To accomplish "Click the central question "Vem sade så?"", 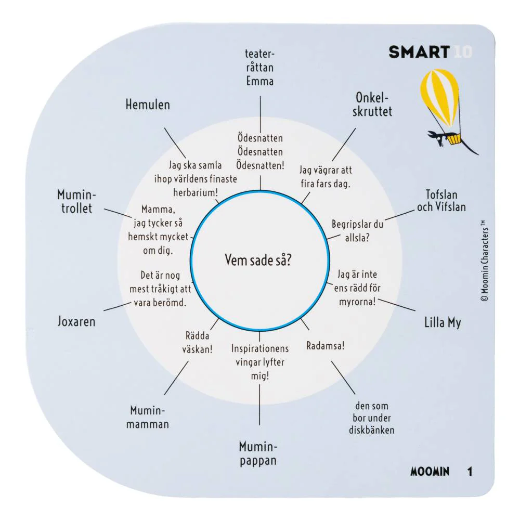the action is pyautogui.click(x=258, y=260).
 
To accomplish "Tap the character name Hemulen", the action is pyautogui.click(x=148, y=105).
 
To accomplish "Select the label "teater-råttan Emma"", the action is pyautogui.click(x=260, y=67).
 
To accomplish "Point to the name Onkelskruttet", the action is pyautogui.click(x=372, y=105).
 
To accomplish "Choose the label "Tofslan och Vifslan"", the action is pyautogui.click(x=441, y=201).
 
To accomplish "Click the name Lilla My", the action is pyautogui.click(x=443, y=322).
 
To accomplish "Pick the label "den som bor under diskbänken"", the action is pyautogui.click(x=372, y=418).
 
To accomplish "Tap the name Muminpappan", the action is pyautogui.click(x=258, y=453).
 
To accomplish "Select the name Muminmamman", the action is pyautogui.click(x=148, y=417).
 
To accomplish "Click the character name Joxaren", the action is pyautogui.click(x=76, y=321).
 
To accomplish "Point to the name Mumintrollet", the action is pyautogui.click(x=76, y=201).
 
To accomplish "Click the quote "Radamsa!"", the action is pyautogui.click(x=326, y=346).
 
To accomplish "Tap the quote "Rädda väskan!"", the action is pyautogui.click(x=197, y=343).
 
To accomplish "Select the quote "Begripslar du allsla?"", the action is pyautogui.click(x=358, y=231).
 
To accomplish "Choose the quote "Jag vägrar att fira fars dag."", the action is pyautogui.click(x=326, y=177).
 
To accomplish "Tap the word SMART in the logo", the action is pyautogui.click(x=419, y=53).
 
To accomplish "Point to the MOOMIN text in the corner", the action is pyautogui.click(x=430, y=471).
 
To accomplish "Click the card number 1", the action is pyautogui.click(x=470, y=471).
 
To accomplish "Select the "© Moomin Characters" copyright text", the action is pyautogui.click(x=484, y=261).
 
